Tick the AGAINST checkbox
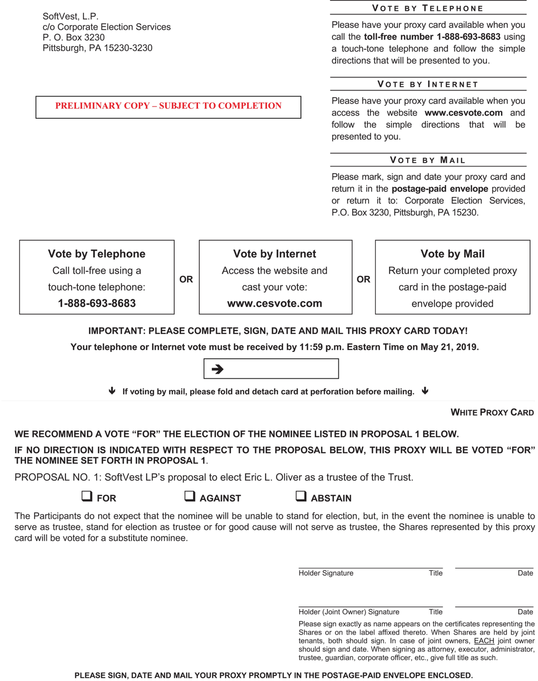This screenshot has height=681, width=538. [190, 496]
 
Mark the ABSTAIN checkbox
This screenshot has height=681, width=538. [301, 496]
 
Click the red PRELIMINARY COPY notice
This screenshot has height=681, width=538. [168, 106]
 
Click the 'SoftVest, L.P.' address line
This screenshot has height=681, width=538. [71, 16]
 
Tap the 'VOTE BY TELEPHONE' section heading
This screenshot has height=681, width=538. [428, 8]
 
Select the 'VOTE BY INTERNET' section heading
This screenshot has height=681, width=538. [428, 84]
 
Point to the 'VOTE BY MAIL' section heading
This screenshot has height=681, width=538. [428, 160]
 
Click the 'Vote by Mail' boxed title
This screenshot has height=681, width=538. [452, 254]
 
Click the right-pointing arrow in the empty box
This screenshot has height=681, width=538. [217, 369]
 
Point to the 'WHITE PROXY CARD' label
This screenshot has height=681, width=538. [492, 412]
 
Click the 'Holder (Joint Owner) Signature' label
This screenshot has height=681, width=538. [349, 612]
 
